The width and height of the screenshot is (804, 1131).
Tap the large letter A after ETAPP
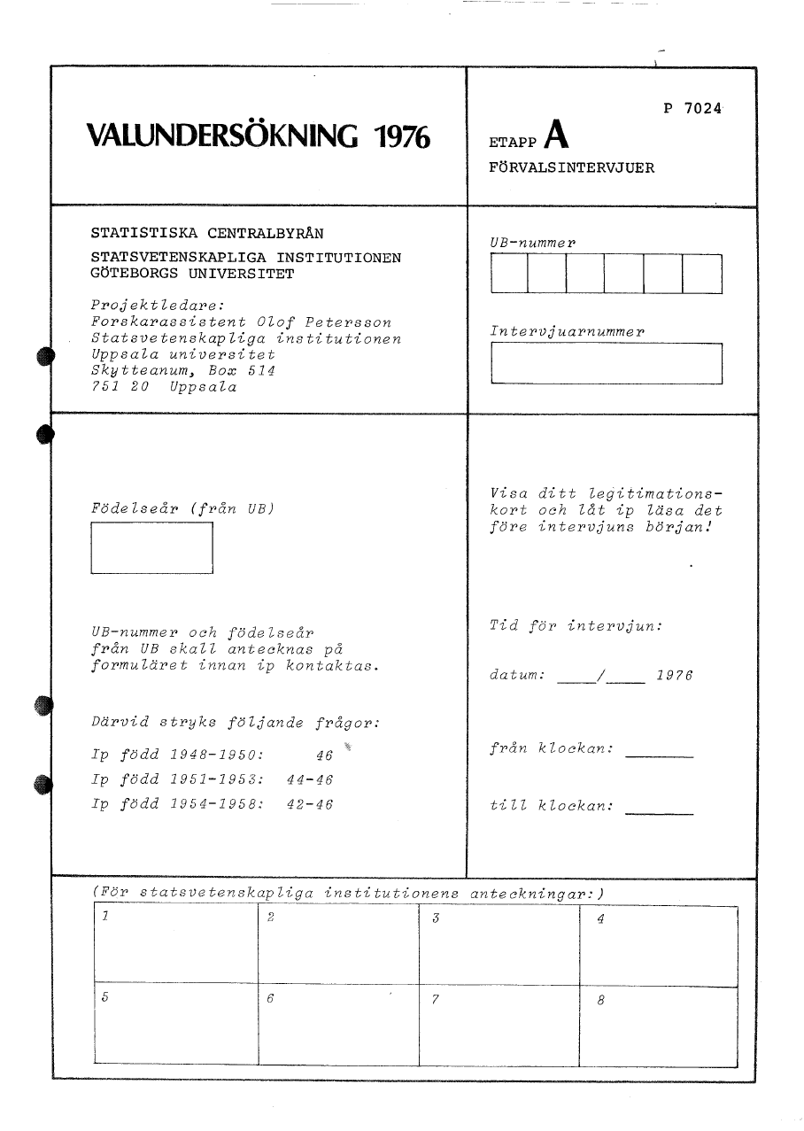pyautogui.click(x=556, y=135)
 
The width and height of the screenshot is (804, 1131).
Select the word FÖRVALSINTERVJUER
pyautogui.click(x=572, y=167)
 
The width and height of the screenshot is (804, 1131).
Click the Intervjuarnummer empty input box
pyautogui.click(x=606, y=363)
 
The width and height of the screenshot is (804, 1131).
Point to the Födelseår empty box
pyautogui.click(x=152, y=548)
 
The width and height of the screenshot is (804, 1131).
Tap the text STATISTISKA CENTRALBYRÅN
pyautogui.click(x=207, y=234)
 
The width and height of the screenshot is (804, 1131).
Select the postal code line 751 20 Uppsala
pyautogui.click(x=164, y=387)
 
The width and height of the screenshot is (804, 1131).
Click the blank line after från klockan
pyautogui.click(x=659, y=755)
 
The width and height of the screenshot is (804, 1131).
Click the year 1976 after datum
pyautogui.click(x=674, y=676)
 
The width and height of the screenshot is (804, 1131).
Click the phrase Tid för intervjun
pyautogui.click(x=576, y=626)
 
